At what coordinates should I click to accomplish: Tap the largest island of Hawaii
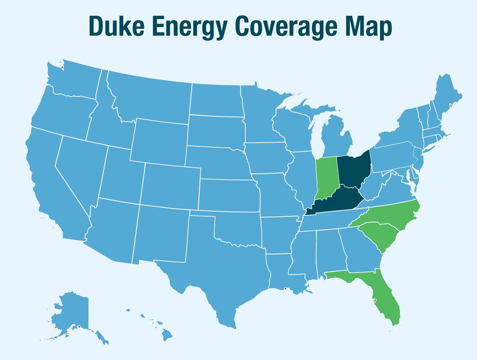167,336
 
